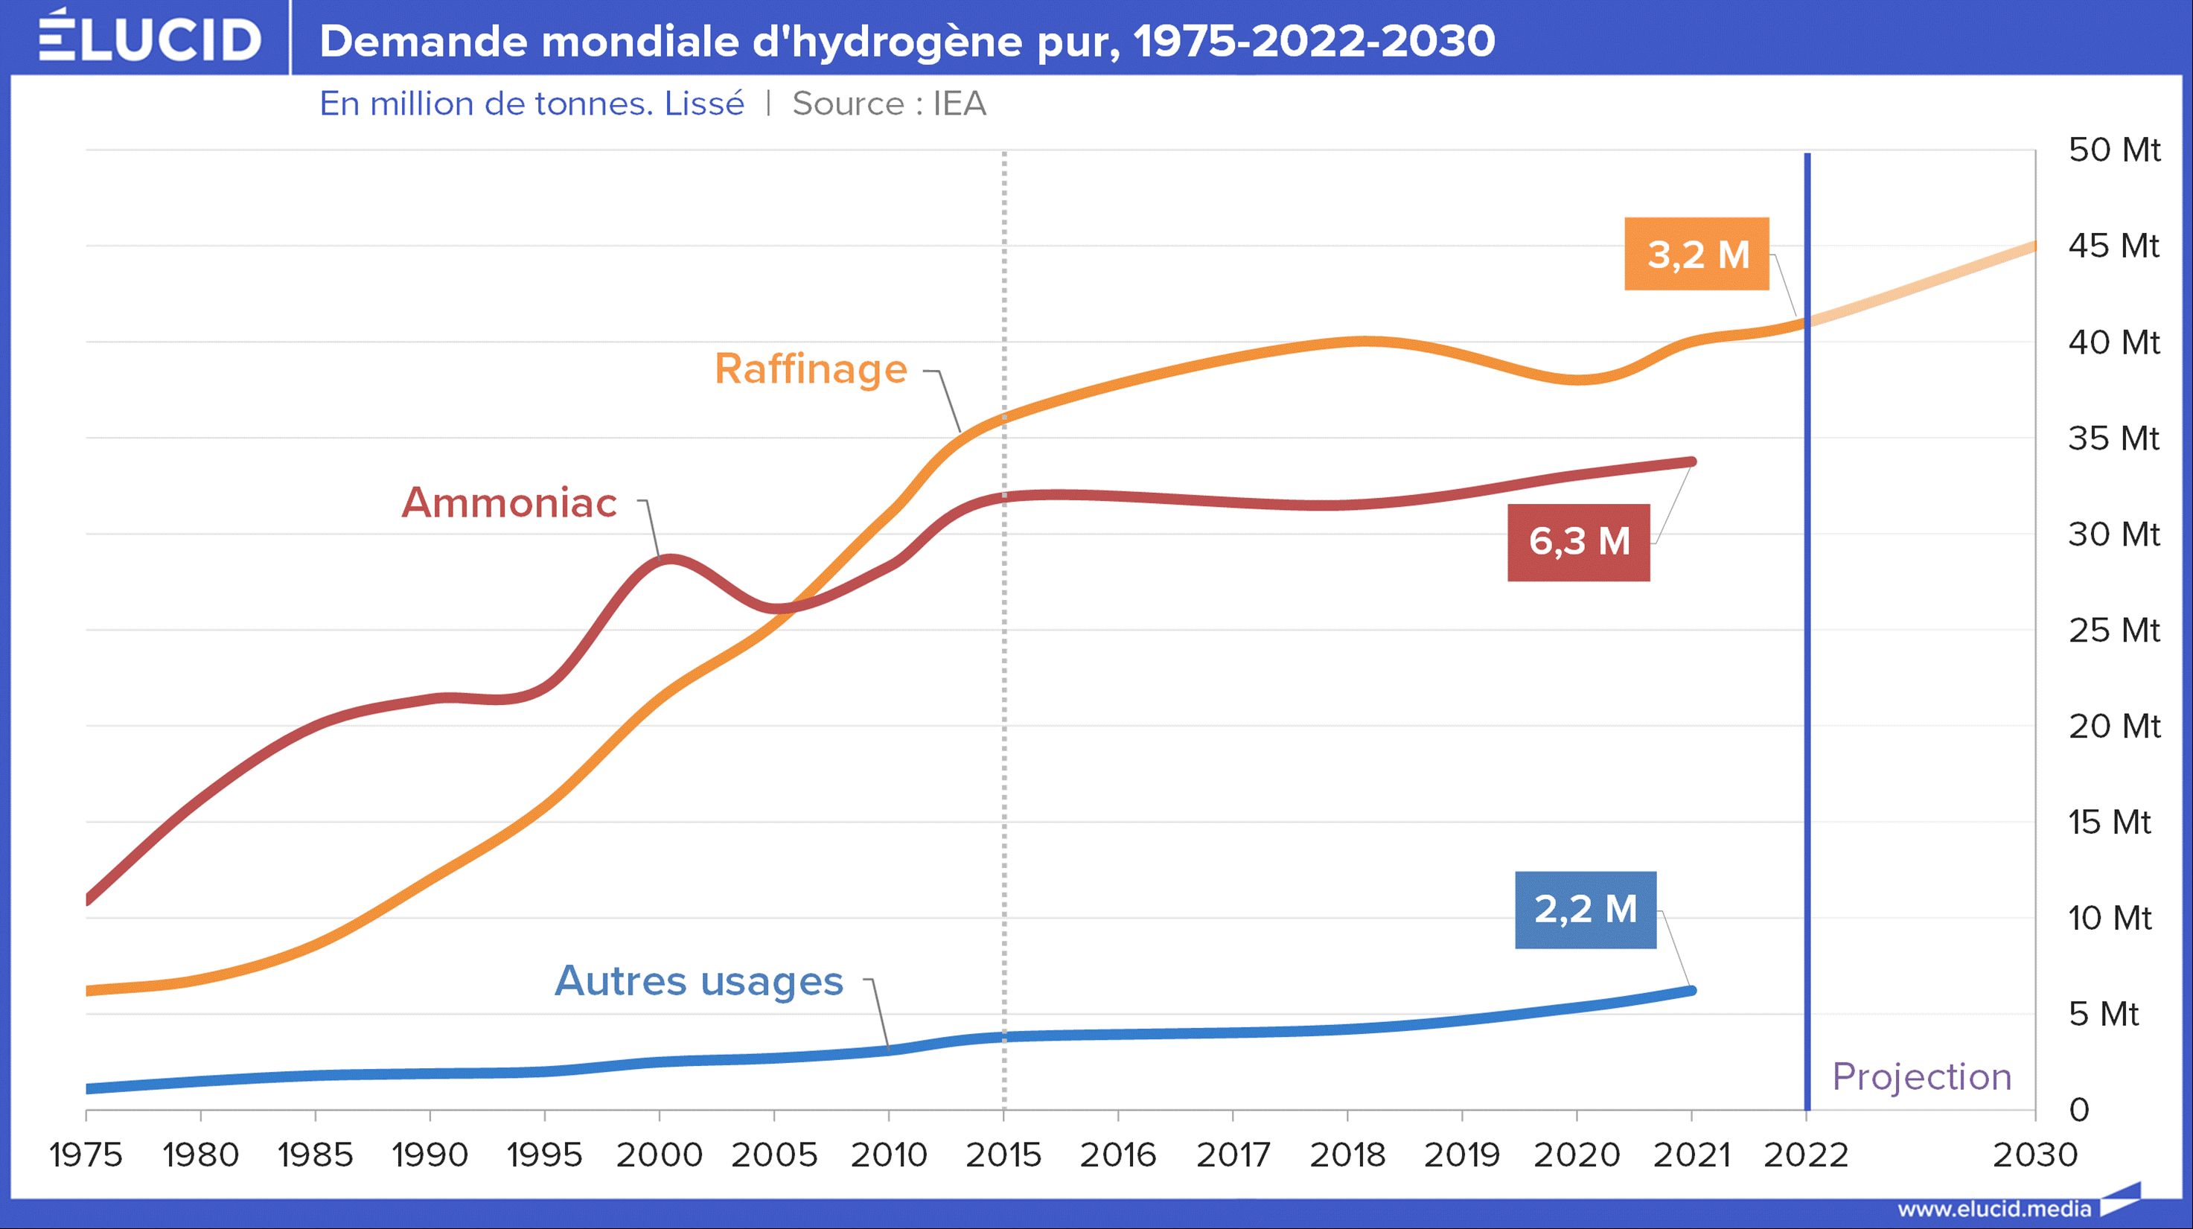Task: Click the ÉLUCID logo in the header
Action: [150, 38]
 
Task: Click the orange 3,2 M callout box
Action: [1696, 254]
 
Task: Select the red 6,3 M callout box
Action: [1578, 541]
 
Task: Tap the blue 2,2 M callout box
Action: [1585, 909]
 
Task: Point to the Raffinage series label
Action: [811, 369]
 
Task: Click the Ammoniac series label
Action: [509, 502]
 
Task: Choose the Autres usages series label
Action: [698, 980]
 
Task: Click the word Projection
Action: [1921, 1076]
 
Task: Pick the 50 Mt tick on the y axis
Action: [2114, 150]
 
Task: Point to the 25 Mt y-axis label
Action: [2114, 631]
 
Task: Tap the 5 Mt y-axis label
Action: [2103, 1015]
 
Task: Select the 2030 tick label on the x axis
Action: [2034, 1155]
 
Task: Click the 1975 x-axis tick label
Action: [86, 1155]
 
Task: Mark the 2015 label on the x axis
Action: [1003, 1155]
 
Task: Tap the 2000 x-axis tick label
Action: [659, 1155]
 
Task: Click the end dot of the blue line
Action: [1691, 991]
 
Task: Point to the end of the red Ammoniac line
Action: [1691, 462]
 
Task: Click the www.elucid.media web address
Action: [1994, 1209]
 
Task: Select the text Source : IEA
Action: [889, 103]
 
